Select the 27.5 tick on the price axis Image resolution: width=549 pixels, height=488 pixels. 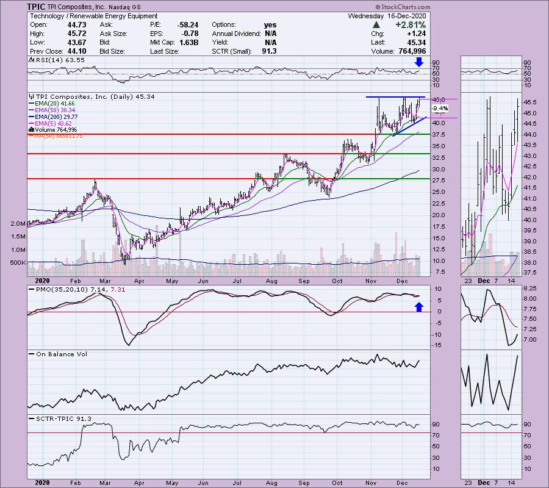[x=439, y=179]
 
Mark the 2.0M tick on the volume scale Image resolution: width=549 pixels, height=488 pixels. [x=17, y=224]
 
